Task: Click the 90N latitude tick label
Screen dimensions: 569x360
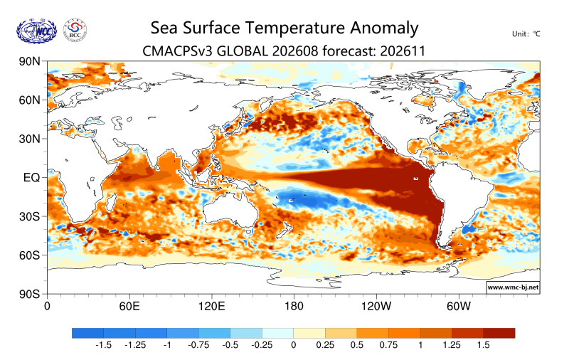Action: [x=29, y=61]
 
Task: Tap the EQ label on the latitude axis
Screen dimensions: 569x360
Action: [x=31, y=177]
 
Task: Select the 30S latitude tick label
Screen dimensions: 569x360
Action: [x=29, y=217]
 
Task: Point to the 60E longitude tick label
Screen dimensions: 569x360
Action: [x=129, y=307]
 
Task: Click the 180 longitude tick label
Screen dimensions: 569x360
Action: [x=294, y=307]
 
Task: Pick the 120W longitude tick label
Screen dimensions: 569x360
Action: [x=376, y=307]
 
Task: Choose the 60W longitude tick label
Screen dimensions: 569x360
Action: [x=459, y=307]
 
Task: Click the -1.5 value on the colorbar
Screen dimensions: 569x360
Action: [x=103, y=345]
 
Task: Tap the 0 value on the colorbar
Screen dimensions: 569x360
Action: [x=294, y=345]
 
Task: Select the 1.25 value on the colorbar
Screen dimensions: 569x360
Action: [x=452, y=345]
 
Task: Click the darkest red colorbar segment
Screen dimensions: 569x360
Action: [x=499, y=333]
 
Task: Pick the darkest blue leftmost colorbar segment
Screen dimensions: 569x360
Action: [x=87, y=333]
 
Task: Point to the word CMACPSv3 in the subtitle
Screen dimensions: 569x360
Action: [x=177, y=51]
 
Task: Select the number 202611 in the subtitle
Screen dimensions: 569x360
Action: [x=403, y=51]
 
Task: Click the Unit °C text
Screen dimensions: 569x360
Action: [x=526, y=34]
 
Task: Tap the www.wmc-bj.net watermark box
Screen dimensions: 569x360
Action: [x=513, y=287]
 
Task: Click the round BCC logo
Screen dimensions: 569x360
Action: [x=75, y=31]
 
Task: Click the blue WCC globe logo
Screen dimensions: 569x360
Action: [x=37, y=31]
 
